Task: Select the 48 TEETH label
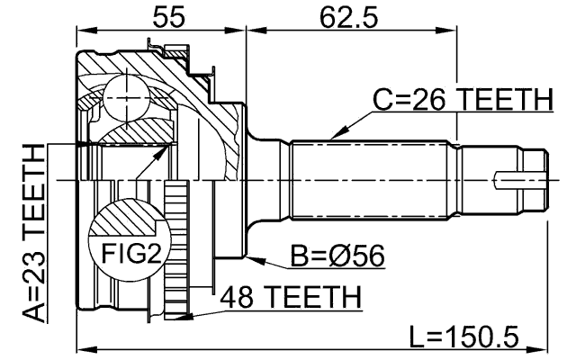[x=291, y=296]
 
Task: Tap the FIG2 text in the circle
[x=124, y=253]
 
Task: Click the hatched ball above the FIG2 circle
[x=126, y=220]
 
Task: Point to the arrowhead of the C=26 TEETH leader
[x=330, y=138]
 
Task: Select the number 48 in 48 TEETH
[x=236, y=296]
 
